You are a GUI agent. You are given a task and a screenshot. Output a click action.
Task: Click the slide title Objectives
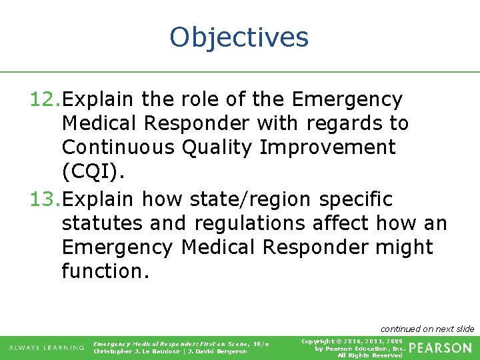pyautogui.click(x=239, y=37)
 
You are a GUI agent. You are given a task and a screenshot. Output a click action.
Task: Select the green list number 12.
pyautogui.click(x=45, y=100)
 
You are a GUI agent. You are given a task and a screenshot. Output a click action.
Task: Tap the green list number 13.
pyautogui.click(x=45, y=199)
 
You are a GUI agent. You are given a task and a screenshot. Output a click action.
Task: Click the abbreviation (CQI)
pyautogui.click(x=93, y=172)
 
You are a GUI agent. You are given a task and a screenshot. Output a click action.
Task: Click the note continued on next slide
pyautogui.click(x=427, y=329)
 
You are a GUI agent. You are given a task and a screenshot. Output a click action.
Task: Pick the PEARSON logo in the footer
pyautogui.click(x=440, y=348)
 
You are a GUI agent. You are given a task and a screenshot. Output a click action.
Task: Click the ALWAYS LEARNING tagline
pyautogui.click(x=46, y=348)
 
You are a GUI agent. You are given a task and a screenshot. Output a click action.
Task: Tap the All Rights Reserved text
pyautogui.click(x=370, y=355)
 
